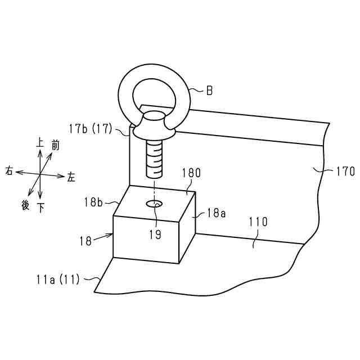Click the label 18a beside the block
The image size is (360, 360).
(x=217, y=213)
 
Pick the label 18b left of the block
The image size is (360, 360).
(x=93, y=201)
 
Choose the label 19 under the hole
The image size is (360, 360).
(x=155, y=235)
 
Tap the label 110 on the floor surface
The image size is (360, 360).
(x=258, y=223)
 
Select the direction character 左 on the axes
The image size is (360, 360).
(x=71, y=177)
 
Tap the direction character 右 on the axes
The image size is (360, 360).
(x=9, y=170)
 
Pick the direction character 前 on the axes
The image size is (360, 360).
(x=55, y=146)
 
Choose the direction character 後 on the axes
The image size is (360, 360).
(x=25, y=205)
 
